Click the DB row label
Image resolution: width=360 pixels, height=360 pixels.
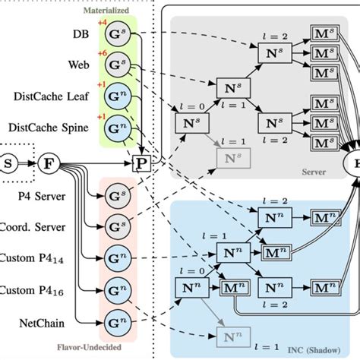pos(81,33)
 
